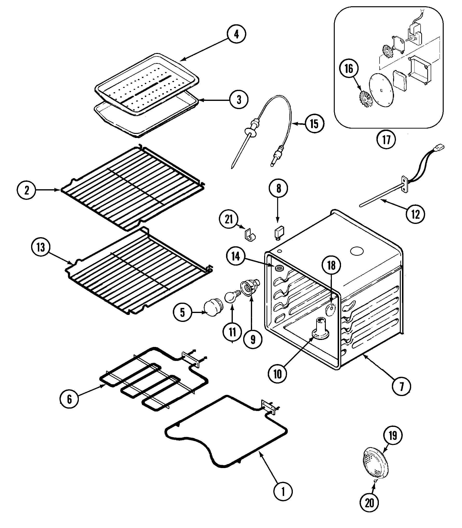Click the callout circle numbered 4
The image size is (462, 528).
[236, 34]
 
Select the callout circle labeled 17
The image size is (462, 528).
[386, 140]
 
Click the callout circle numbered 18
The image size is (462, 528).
[331, 265]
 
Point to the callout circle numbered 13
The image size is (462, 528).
[41, 247]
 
